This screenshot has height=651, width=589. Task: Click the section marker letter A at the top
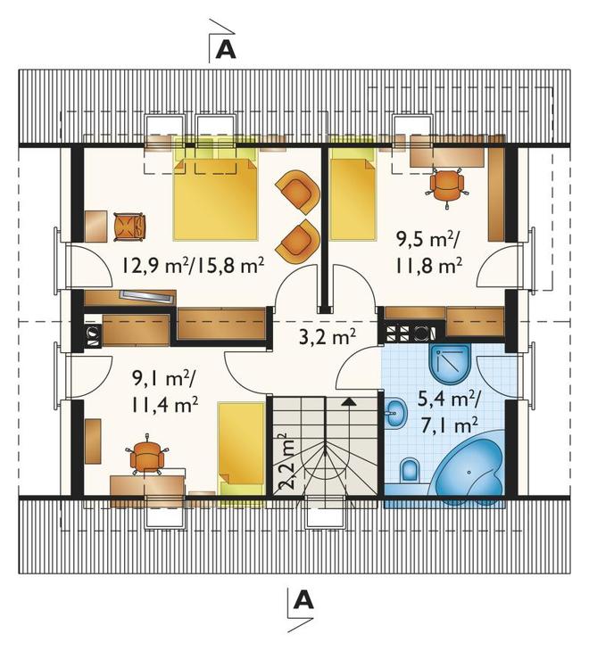pyautogui.click(x=227, y=51)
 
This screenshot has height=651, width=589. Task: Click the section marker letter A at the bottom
pyautogui.click(x=303, y=599)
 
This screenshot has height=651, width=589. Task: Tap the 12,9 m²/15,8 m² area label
pyautogui.click(x=194, y=266)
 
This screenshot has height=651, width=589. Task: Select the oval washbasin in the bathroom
pyautogui.click(x=397, y=413)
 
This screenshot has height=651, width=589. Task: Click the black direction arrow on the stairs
pyautogui.click(x=349, y=401)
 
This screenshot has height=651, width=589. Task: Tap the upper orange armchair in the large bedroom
pyautogui.click(x=299, y=192)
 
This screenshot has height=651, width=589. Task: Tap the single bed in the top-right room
pyautogui.click(x=353, y=194)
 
